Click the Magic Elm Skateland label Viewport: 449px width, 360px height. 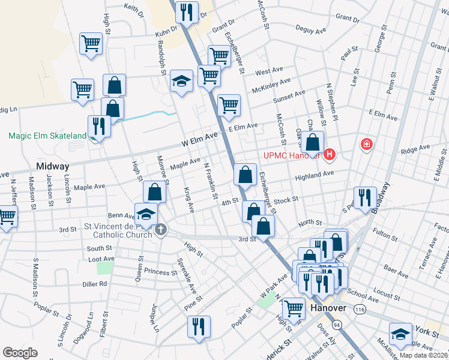pos(47,136)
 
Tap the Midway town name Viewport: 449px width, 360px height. pos(53,166)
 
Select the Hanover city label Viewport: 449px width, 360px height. pos(328,308)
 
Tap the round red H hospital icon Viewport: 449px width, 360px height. pos(329,156)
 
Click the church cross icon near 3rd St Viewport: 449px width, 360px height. pos(160,230)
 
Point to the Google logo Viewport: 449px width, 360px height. pos(20,353)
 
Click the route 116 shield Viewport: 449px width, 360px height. pos(359,309)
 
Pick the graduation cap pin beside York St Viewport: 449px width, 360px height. pos(400,334)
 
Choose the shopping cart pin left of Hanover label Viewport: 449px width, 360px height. pos(294,308)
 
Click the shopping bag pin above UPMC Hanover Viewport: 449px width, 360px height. pos(313,143)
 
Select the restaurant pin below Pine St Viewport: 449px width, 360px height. pos(198,326)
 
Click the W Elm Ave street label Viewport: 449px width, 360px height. pos(199,140)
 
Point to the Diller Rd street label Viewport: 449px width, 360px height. pos(95,284)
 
